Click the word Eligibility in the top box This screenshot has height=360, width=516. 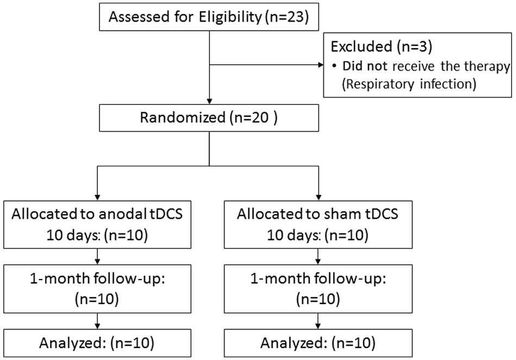pyautogui.click(x=230, y=17)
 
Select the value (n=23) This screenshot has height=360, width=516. pyautogui.click(x=287, y=17)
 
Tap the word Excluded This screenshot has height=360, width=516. pyautogui.click(x=361, y=47)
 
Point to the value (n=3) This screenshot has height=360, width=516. pyautogui.click(x=414, y=47)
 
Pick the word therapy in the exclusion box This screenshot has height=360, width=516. pyautogui.click(x=487, y=67)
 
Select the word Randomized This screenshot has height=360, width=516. pyautogui.click(x=183, y=117)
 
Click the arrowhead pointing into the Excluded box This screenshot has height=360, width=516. pyautogui.click(x=320, y=65)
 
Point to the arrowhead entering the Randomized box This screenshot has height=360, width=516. pyautogui.click(x=209, y=101)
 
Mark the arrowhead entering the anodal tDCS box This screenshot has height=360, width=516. pyautogui.click(x=97, y=198)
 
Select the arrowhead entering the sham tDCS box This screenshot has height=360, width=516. pyautogui.click(x=318, y=198)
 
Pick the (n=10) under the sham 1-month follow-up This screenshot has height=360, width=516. pyautogui.click(x=318, y=299)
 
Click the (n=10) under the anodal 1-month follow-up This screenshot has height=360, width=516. pyautogui.click(x=97, y=299)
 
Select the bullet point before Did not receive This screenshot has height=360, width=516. pyautogui.click(x=335, y=67)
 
